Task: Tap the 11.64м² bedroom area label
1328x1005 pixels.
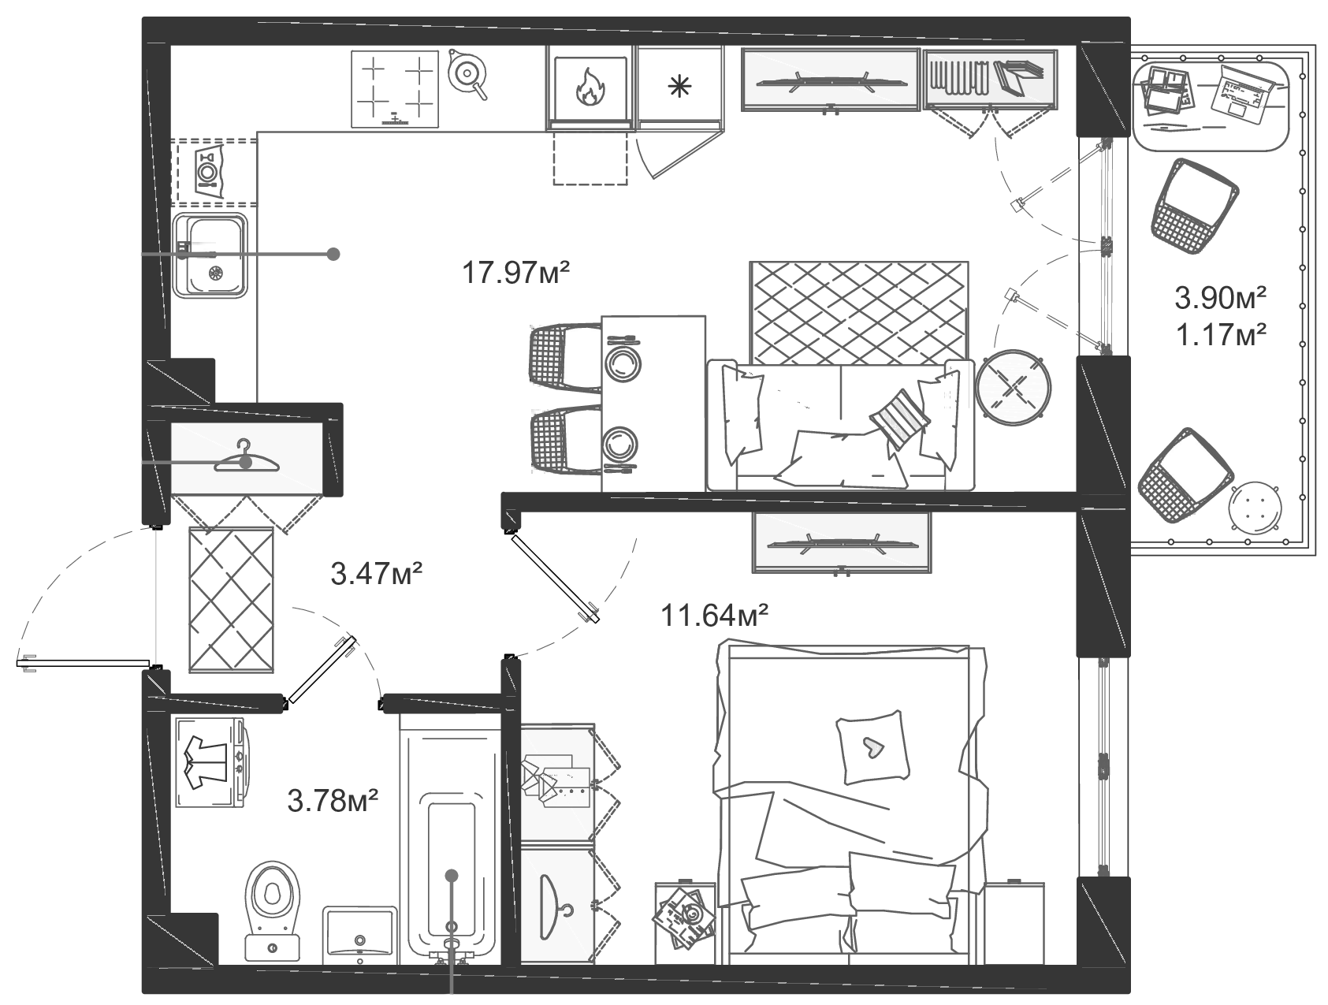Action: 714,614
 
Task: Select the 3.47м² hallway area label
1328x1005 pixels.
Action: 377,574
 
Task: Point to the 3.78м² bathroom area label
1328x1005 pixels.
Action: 333,801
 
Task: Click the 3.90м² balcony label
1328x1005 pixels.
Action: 1220,298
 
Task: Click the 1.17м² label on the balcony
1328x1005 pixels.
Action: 1220,336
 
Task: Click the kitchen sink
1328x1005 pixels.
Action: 210,255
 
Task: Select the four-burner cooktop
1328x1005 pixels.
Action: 394,89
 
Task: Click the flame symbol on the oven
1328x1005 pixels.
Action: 589,87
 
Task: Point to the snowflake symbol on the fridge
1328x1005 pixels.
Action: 677,87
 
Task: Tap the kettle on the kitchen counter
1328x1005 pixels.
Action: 467,75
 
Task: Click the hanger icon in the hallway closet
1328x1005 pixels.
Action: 246,459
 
